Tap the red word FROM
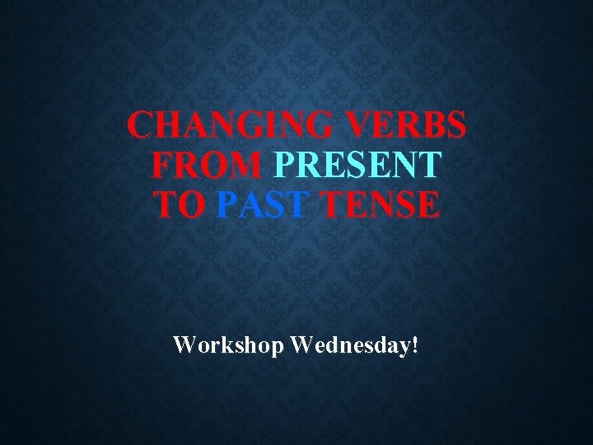click(x=206, y=166)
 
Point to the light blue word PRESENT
click(x=357, y=166)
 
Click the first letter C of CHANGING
click(x=141, y=126)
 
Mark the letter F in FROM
click(x=163, y=166)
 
